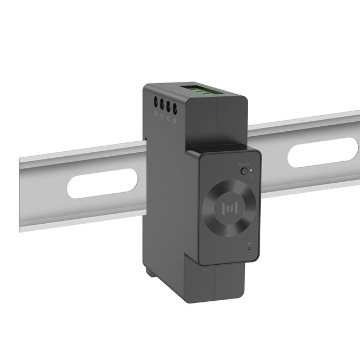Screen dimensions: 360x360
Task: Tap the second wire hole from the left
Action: coord(162,104)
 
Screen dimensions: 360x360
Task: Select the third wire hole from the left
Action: coord(168,105)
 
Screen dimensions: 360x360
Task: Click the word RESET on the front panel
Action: coord(244,164)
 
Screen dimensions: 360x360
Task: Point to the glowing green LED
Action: coord(251,171)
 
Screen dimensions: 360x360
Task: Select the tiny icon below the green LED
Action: coord(251,177)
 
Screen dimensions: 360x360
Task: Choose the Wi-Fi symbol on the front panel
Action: coord(249,244)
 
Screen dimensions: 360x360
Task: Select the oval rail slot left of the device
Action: coord(102,183)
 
